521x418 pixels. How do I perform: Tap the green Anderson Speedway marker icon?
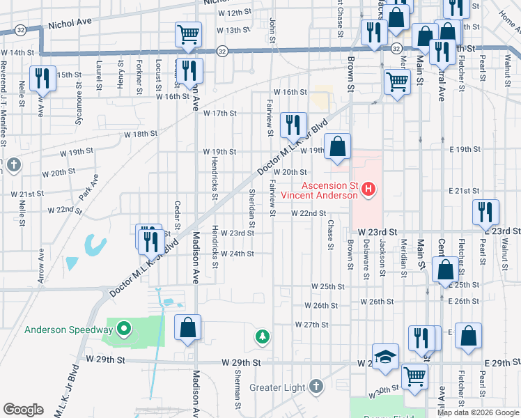point(124,327)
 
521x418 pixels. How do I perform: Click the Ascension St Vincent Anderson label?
point(329,190)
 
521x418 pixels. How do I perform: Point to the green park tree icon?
point(262,337)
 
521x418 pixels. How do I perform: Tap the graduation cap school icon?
point(385,356)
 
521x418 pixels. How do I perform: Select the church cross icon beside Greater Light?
point(316,386)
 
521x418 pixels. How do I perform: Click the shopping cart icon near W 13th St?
point(188,34)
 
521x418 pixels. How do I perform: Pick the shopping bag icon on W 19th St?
point(337,147)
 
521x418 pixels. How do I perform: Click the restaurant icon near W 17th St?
point(293,125)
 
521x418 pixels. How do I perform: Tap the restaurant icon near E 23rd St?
point(485,211)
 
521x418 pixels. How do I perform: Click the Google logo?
point(23,410)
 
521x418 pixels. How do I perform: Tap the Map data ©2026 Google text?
point(478,412)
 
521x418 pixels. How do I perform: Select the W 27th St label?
point(311,325)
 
